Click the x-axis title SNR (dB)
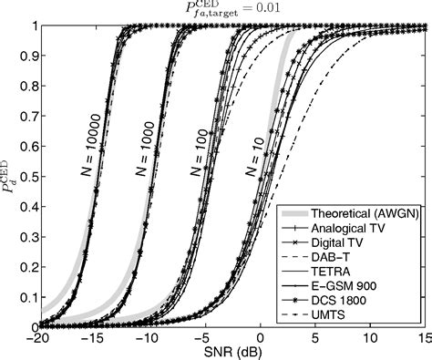[x=216, y=353]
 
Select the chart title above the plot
[x=216, y=9]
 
